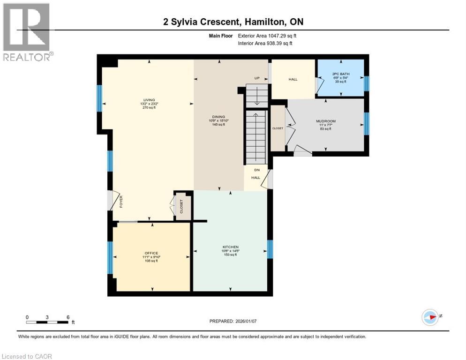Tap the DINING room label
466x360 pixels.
[x=218, y=117]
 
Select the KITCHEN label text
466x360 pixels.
[x=230, y=247]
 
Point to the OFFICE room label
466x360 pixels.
[x=151, y=253]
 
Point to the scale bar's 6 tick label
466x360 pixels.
[x=68, y=317]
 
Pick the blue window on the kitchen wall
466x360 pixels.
[x=270, y=249]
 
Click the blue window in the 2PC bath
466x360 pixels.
[x=367, y=83]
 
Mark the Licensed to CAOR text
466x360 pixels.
[x=28, y=356]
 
